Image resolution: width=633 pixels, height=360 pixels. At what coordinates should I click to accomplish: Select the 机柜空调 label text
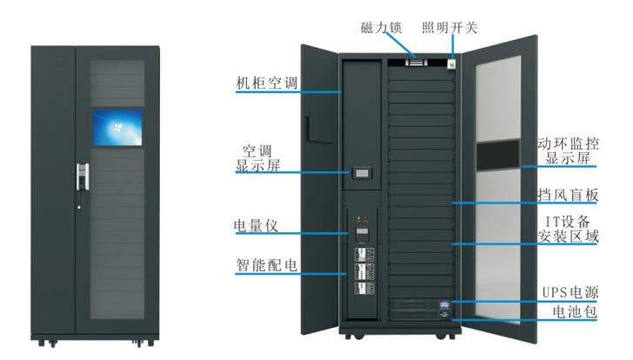click(268, 84)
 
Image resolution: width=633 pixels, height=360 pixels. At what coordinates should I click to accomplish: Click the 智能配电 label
click(268, 265)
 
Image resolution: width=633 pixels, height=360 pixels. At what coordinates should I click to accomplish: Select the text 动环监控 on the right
click(568, 143)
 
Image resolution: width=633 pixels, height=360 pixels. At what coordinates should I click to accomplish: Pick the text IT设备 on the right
click(566, 219)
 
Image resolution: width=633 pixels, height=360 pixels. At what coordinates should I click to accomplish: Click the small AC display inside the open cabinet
click(362, 174)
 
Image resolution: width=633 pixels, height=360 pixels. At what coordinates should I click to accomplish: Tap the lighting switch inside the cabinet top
click(451, 62)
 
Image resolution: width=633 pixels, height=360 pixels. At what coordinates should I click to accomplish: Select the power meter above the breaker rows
click(362, 234)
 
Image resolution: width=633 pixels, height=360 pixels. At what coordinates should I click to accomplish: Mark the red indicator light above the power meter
click(369, 218)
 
